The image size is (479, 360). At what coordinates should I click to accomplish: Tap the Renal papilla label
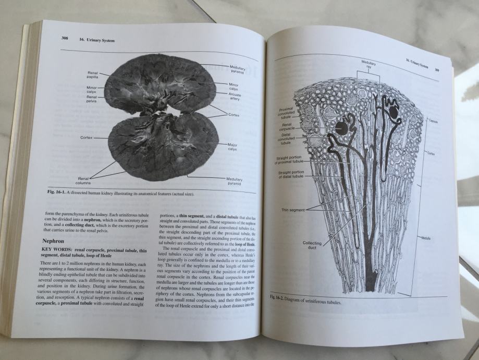(92, 75)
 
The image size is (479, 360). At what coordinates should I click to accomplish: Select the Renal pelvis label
(91, 99)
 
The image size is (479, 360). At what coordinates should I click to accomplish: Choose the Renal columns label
(82, 181)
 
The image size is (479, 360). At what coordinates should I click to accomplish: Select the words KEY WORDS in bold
(56, 250)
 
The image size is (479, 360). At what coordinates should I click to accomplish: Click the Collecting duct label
(312, 246)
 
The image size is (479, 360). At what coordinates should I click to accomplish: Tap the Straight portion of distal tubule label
(291, 174)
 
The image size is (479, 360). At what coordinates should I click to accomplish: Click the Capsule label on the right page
(434, 120)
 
